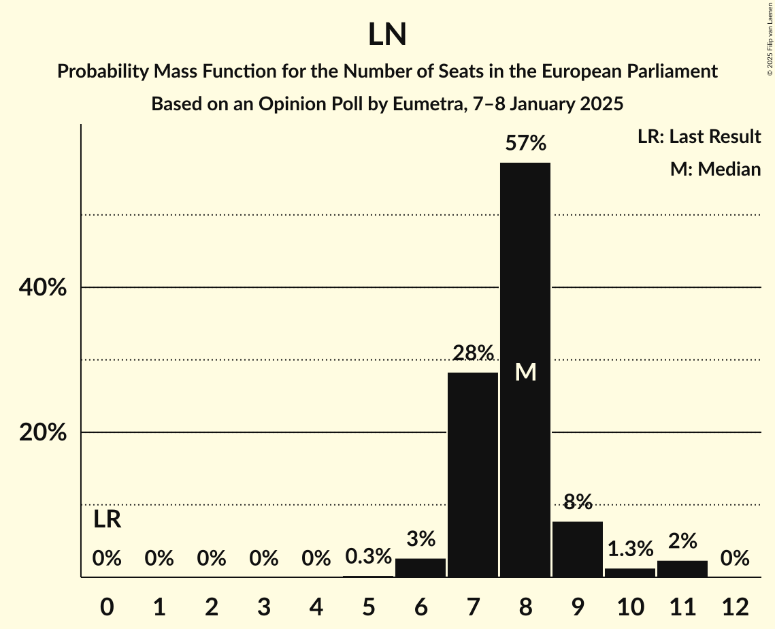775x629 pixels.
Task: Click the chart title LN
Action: point(387,35)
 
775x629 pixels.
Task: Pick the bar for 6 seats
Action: point(421,568)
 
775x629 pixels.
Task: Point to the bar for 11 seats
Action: point(682,568)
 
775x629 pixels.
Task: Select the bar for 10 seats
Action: point(630,572)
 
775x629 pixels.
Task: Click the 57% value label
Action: point(525,144)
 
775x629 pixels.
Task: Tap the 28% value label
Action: point(473,353)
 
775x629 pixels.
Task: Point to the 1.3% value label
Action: point(630,549)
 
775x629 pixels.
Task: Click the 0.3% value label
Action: point(368,557)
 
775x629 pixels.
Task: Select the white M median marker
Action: point(525,372)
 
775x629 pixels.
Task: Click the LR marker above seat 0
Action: point(107,519)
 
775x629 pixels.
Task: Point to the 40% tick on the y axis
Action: point(43,288)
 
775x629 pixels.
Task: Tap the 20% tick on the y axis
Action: point(43,433)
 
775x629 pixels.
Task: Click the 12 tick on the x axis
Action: point(735,607)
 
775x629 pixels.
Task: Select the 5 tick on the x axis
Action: point(368,607)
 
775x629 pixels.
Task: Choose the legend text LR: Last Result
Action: point(699,137)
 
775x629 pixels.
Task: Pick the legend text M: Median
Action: point(715,169)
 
